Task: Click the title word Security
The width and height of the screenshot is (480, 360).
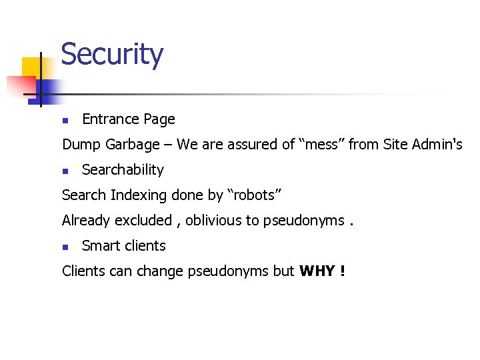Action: coord(111,55)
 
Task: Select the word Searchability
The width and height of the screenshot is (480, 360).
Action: coord(123,170)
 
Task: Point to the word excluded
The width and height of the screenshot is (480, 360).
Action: coord(145,221)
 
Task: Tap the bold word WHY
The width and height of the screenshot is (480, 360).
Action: coord(317,271)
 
